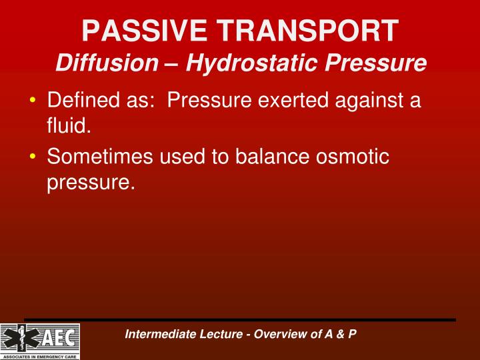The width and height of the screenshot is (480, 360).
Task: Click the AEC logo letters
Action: (56, 339)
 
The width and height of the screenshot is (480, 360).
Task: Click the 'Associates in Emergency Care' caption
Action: (40, 356)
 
